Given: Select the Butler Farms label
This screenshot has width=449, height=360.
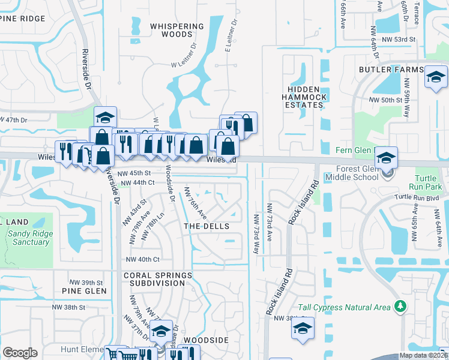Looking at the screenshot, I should click(x=391, y=70).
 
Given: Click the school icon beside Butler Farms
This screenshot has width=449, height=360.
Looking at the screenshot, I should click(x=435, y=77).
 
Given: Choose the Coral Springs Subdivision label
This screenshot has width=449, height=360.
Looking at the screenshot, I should click(x=158, y=279).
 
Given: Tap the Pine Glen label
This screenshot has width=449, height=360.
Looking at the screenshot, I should click(x=84, y=291).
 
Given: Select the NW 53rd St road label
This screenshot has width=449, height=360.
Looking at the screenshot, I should click(x=402, y=39).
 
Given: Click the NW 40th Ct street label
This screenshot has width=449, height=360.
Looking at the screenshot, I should click(x=142, y=259).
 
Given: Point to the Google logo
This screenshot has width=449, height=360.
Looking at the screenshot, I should click(x=20, y=353).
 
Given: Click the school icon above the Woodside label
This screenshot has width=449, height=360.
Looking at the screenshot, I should click(x=160, y=331).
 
